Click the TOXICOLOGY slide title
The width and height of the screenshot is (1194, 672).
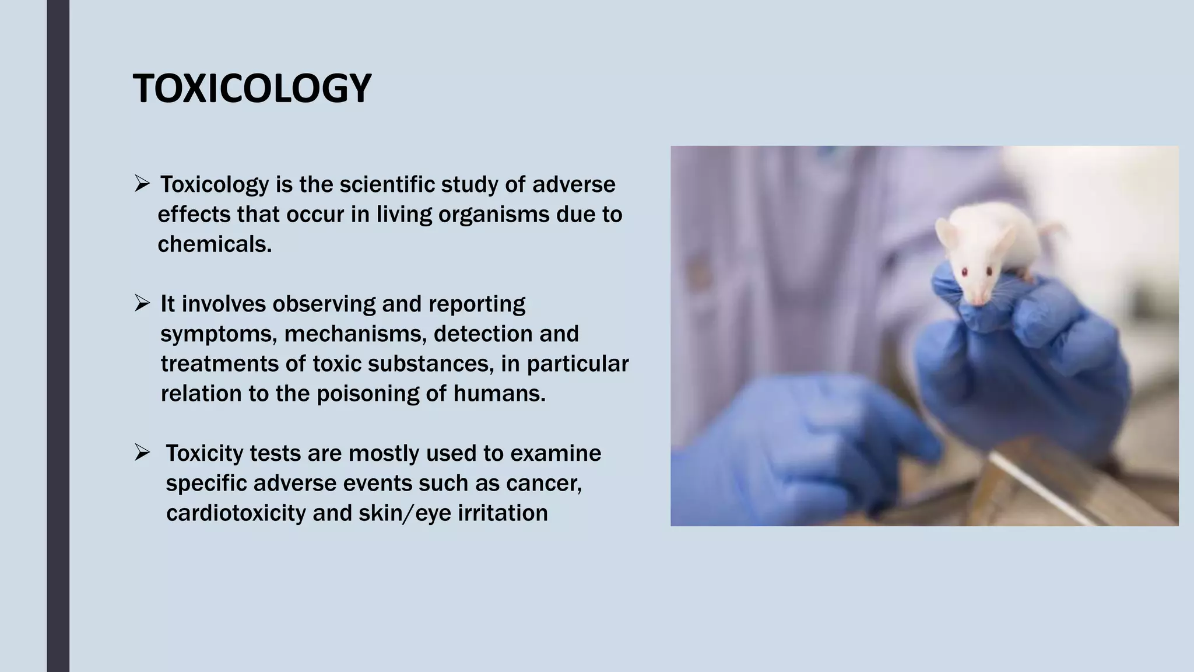tap(252, 89)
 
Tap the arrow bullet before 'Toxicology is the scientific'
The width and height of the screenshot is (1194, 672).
tap(142, 184)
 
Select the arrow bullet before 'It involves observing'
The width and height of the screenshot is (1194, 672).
tap(142, 303)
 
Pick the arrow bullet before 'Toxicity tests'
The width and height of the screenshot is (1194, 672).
tap(142, 453)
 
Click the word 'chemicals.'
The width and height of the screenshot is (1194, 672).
tap(215, 244)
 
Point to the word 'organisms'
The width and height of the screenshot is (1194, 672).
tap(493, 215)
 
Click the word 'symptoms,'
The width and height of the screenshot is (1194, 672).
tap(219, 334)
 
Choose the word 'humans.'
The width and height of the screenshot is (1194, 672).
tap(500, 394)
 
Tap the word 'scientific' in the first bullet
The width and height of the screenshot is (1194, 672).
tap(387, 185)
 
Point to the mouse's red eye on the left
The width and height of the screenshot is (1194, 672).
tap(964, 272)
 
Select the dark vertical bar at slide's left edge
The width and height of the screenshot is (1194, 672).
tap(58, 336)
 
